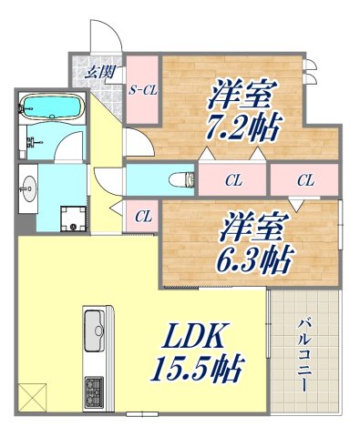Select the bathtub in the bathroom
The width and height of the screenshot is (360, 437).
click(x=50, y=107)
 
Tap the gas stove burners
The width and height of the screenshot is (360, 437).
click(x=94, y=392)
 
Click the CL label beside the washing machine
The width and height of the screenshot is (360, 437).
click(x=142, y=217)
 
